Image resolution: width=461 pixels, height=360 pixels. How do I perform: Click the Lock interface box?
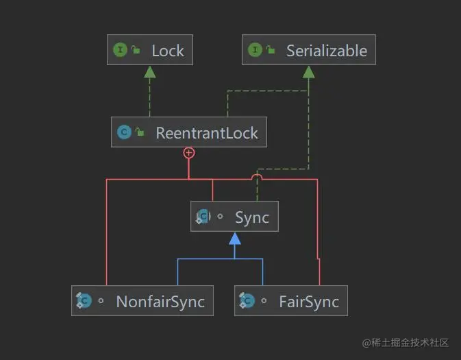149,50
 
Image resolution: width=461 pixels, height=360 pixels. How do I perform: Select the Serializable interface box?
309,50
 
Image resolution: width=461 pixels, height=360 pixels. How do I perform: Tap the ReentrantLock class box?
189,132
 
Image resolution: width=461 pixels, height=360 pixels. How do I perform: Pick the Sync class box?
234,217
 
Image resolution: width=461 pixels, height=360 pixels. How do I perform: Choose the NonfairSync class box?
142,302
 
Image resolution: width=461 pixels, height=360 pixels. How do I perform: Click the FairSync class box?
290,302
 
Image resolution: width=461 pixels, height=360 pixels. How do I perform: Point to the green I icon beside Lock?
120,50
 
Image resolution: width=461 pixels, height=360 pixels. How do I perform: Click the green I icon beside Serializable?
255,50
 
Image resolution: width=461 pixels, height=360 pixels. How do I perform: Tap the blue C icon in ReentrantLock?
124,132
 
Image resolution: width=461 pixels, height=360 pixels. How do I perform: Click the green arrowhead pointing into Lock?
149,72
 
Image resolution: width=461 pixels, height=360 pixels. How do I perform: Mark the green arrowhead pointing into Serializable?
309,72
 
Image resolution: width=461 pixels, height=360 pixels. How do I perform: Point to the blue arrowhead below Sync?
235,239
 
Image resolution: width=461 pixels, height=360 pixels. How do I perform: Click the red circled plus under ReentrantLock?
189,154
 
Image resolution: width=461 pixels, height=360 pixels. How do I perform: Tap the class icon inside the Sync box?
203,217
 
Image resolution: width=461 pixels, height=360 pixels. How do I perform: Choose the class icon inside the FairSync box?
247,302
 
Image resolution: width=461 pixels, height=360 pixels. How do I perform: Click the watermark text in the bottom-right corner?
406,342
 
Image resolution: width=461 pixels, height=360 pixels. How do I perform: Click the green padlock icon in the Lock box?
136,50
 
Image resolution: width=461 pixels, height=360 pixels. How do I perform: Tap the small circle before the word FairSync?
264,302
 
